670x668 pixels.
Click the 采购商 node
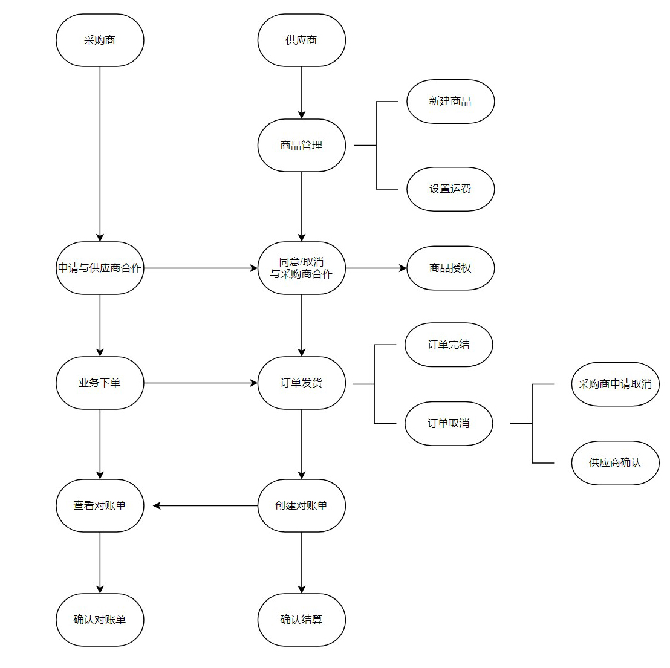click(100, 41)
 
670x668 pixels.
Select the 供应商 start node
click(301, 41)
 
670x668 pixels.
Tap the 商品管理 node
click(301, 145)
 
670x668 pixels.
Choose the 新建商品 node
click(450, 102)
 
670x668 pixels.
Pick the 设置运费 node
click(450, 189)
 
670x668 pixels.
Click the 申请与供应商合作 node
click(100, 268)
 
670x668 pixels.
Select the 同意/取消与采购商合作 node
click(301, 268)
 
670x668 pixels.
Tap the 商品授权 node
click(450, 268)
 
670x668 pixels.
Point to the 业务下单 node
click(100, 383)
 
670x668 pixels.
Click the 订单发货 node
click(301, 383)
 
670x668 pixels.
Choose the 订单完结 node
click(448, 345)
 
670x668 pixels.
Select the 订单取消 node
click(448, 423)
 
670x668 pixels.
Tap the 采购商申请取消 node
click(614, 384)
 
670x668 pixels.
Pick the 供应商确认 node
click(614, 462)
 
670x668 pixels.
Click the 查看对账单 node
click(100, 505)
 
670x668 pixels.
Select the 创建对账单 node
click(301, 505)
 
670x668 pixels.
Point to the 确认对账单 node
click(100, 620)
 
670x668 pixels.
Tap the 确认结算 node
click(301, 620)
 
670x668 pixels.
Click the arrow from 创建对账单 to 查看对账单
click(206, 505)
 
